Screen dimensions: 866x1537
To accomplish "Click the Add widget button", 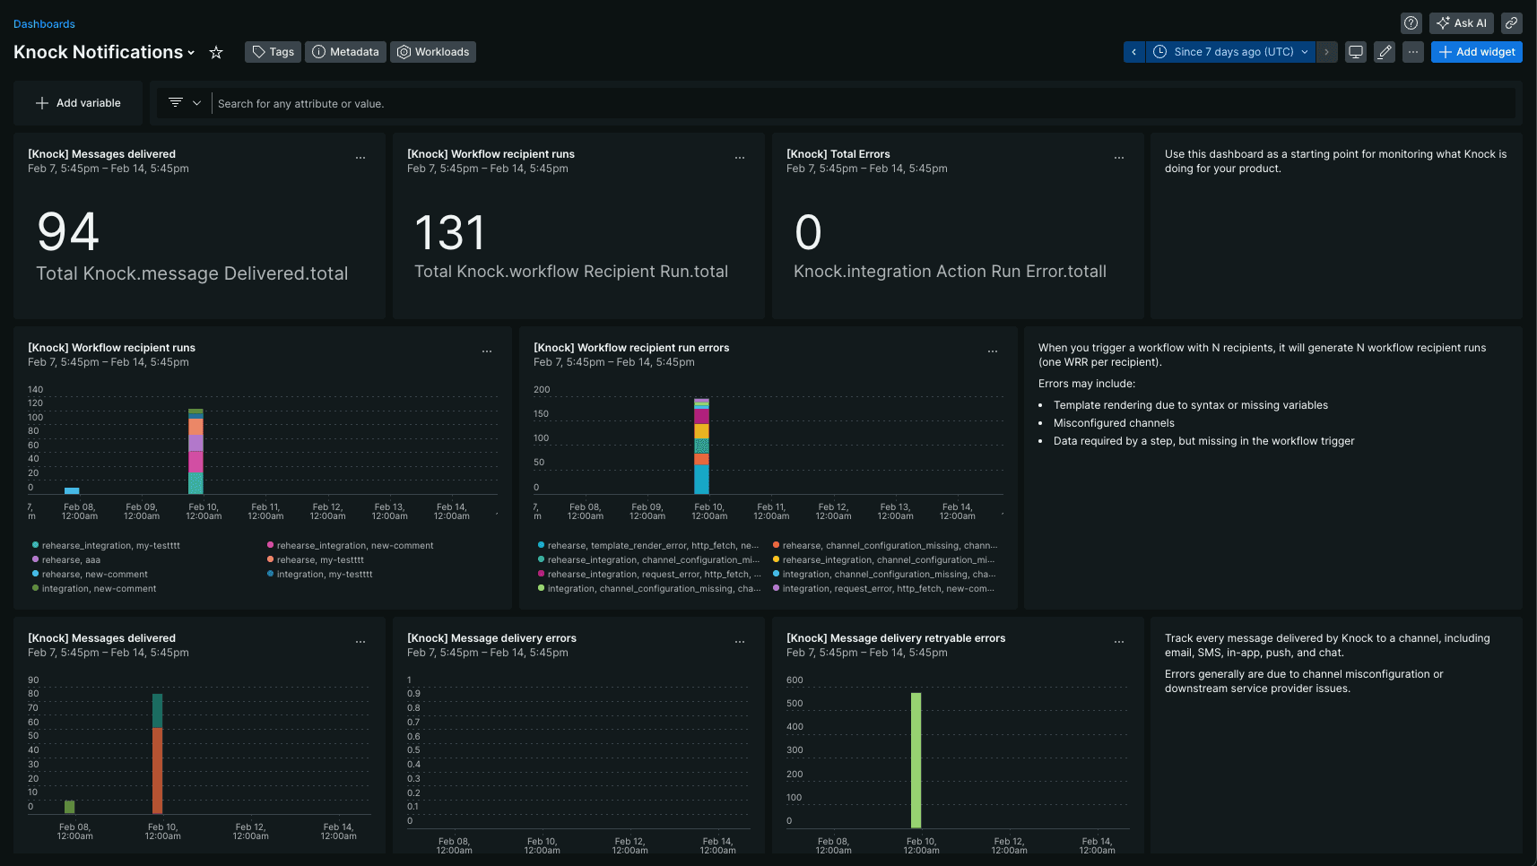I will [1476, 52].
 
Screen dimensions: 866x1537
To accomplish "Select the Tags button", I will [273, 52].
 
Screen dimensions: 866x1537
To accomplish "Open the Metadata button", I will [345, 52].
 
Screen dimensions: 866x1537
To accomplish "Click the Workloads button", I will [433, 52].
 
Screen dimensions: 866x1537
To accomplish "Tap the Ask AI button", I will [1461, 23].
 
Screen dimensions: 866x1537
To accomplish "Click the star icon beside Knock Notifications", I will [216, 53].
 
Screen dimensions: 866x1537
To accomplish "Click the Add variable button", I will [78, 103].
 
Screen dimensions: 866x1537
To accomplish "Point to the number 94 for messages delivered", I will [68, 232].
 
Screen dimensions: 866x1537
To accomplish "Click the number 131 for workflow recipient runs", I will [449, 233].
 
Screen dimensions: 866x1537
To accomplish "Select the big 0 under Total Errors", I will [808, 233].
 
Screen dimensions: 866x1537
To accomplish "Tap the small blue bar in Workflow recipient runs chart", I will [72, 490].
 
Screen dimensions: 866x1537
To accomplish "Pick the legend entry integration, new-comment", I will [99, 589].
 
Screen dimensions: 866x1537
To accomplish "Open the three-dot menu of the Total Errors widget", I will [1118, 158].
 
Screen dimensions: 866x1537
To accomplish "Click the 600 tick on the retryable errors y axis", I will [795, 680].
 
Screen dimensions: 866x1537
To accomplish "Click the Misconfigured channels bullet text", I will [1113, 423].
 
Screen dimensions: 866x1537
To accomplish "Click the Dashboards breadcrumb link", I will [44, 24].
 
